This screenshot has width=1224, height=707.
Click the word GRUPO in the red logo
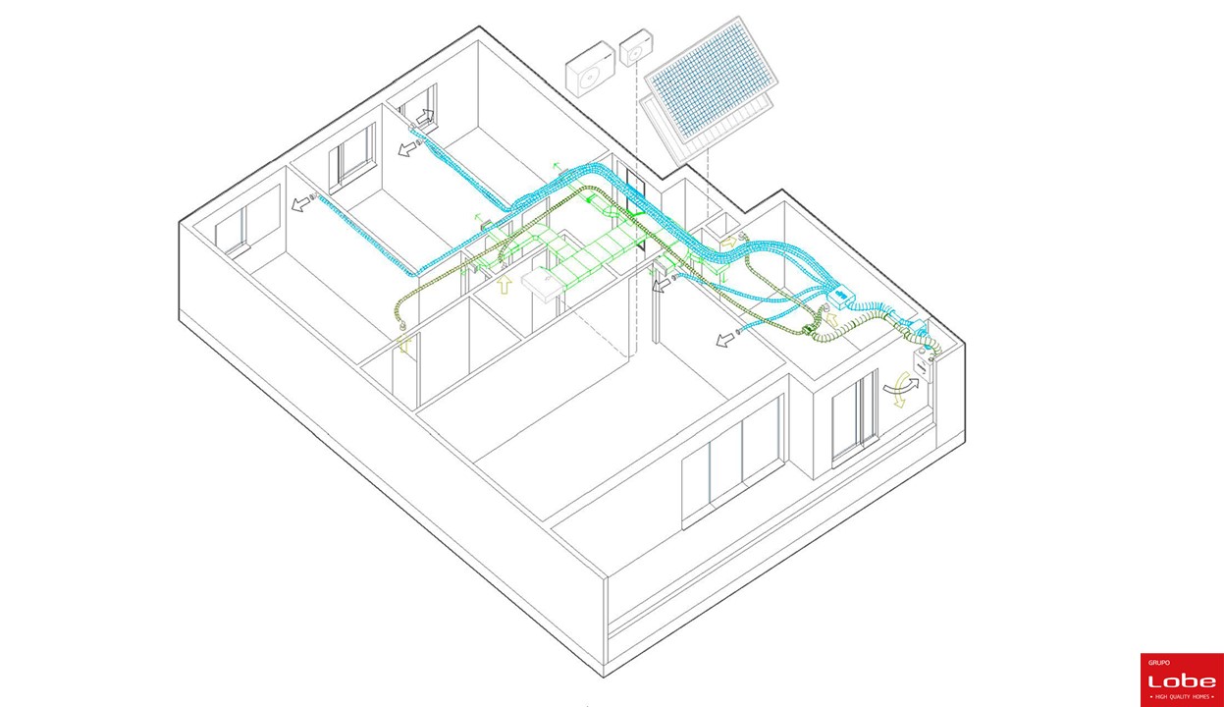point(1159,663)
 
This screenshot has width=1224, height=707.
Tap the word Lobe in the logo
point(1182,680)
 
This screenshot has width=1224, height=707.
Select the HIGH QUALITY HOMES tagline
point(1182,697)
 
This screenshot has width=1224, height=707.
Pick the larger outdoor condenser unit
point(591,69)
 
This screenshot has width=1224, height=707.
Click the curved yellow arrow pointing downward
point(900,391)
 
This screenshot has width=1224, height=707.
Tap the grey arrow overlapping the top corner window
point(425,117)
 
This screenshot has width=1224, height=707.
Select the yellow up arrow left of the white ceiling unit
point(505,285)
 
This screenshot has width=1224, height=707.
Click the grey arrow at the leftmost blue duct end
point(299,204)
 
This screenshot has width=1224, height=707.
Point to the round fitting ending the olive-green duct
point(402,326)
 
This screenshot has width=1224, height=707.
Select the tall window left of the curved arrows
point(855,419)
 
